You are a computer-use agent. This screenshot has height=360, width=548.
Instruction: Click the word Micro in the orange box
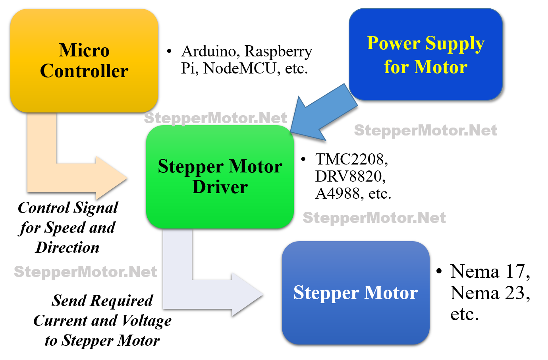(x=84, y=50)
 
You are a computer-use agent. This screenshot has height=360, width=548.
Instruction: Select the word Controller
(x=84, y=71)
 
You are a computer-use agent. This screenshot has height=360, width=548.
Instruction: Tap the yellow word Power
(x=394, y=43)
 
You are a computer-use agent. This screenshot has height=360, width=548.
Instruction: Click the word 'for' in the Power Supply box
(x=396, y=67)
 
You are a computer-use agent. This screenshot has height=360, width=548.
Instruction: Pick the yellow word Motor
(x=440, y=67)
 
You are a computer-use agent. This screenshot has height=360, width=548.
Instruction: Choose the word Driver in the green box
(x=220, y=187)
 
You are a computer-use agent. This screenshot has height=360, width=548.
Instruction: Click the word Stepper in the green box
(x=191, y=167)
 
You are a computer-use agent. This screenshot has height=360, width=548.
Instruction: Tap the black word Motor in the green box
(x=256, y=166)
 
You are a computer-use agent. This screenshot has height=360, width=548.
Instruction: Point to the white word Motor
(x=391, y=292)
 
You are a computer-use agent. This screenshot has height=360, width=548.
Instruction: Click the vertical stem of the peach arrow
(x=42, y=143)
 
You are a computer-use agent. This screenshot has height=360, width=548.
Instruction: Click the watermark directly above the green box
(x=215, y=118)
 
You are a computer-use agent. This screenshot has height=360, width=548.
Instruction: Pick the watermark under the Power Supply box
(x=425, y=130)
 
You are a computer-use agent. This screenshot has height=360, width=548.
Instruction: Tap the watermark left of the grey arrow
(x=85, y=272)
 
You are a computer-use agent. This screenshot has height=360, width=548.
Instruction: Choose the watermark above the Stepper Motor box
(x=374, y=218)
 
